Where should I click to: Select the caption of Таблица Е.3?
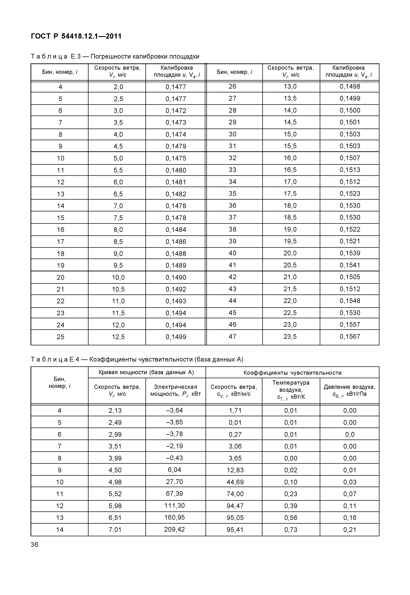(115, 56)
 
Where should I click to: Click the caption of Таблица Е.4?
(137, 359)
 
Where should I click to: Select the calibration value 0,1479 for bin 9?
(176, 146)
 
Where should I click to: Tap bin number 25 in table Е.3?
(60, 337)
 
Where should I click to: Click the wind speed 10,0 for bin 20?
(118, 277)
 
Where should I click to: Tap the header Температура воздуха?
(291, 389)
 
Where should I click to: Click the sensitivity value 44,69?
(235, 482)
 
